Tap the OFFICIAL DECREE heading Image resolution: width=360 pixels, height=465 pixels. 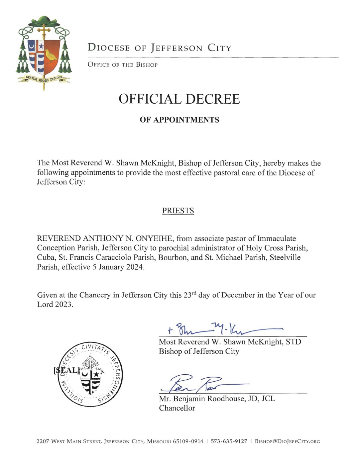coord(179,99)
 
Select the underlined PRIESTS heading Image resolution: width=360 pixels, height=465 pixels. coord(178,211)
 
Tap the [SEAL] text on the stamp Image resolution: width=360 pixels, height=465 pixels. coord(66,370)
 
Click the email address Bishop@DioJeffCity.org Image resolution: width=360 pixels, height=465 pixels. coord(287,441)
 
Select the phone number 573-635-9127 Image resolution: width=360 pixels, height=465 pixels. coord(229,441)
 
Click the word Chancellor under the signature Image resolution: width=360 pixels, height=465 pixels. coord(177,408)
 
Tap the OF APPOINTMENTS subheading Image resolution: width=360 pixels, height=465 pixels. coord(179,120)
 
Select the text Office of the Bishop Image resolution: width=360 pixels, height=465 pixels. coord(122,65)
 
